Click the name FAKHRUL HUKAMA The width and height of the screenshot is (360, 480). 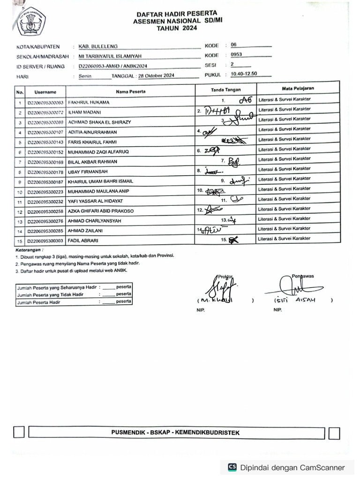(89, 102)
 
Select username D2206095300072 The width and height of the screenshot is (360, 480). (45, 112)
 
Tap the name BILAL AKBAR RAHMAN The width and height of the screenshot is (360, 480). (93, 162)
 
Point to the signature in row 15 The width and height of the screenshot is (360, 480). (233, 240)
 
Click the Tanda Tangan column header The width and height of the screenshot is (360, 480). (225, 90)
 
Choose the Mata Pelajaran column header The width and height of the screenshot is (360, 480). (298, 88)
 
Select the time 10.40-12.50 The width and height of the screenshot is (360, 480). (244, 75)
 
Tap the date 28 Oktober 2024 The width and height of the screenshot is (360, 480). (157, 75)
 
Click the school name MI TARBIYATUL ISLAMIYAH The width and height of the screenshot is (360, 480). (110, 56)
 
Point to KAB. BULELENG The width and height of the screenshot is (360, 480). (98, 46)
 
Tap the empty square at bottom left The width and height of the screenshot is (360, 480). (19, 432)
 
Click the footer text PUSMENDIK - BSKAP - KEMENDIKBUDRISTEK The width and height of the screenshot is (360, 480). (175, 433)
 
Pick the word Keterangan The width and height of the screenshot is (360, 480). (29, 250)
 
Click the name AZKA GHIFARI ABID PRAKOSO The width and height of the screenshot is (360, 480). (101, 211)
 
